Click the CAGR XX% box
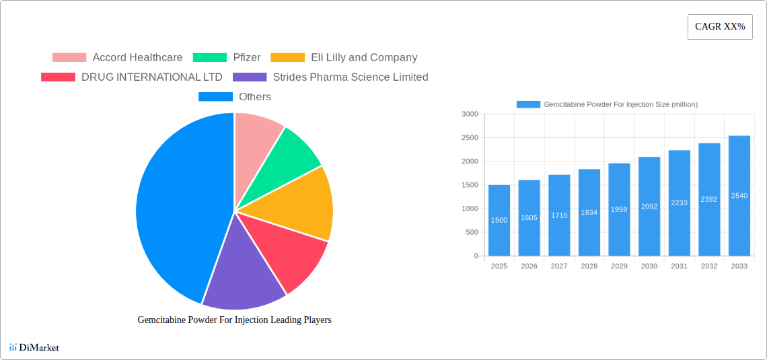coord(720,27)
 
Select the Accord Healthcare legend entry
coord(118,58)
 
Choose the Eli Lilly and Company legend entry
coord(344,58)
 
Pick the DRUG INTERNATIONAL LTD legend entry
coord(132,77)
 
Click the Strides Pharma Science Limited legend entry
coord(330,77)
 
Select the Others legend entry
coord(235,97)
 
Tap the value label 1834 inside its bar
coord(589,213)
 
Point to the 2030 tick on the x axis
coord(649,266)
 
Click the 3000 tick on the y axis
coord(470,114)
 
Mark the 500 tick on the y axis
coord(471,232)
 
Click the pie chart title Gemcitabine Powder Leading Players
coord(234,320)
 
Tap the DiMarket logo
coord(34,348)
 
